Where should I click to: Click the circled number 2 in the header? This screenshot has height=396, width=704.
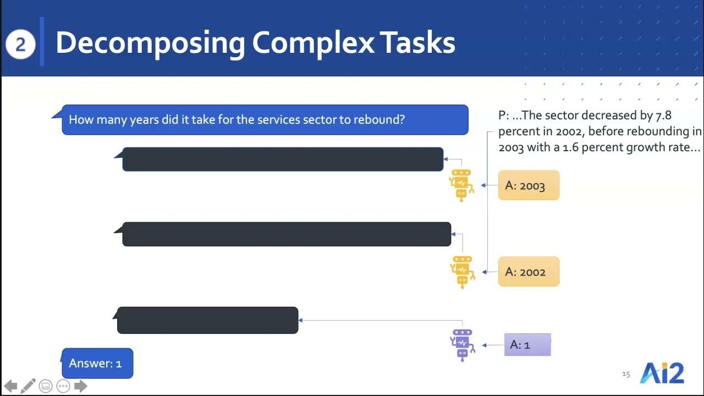point(20,45)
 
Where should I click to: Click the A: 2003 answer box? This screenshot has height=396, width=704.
point(528,185)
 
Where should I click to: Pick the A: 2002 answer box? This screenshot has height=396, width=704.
point(528,272)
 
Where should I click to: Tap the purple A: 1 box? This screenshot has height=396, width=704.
point(527,345)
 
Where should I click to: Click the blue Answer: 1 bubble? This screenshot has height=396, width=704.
point(97,364)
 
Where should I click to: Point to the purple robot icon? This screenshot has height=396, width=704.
point(462,345)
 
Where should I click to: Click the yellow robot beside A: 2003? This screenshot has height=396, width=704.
point(462,185)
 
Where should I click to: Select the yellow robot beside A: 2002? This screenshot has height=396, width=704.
point(462,272)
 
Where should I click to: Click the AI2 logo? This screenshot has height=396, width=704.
point(662,373)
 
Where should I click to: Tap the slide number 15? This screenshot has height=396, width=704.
point(626,374)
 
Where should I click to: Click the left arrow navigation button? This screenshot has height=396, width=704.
point(10,386)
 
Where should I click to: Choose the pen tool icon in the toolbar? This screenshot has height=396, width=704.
point(28,386)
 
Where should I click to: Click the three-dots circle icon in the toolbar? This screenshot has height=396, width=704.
point(63,386)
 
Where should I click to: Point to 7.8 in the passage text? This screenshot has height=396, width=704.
point(663,116)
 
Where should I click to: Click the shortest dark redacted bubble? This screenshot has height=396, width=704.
point(208,321)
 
